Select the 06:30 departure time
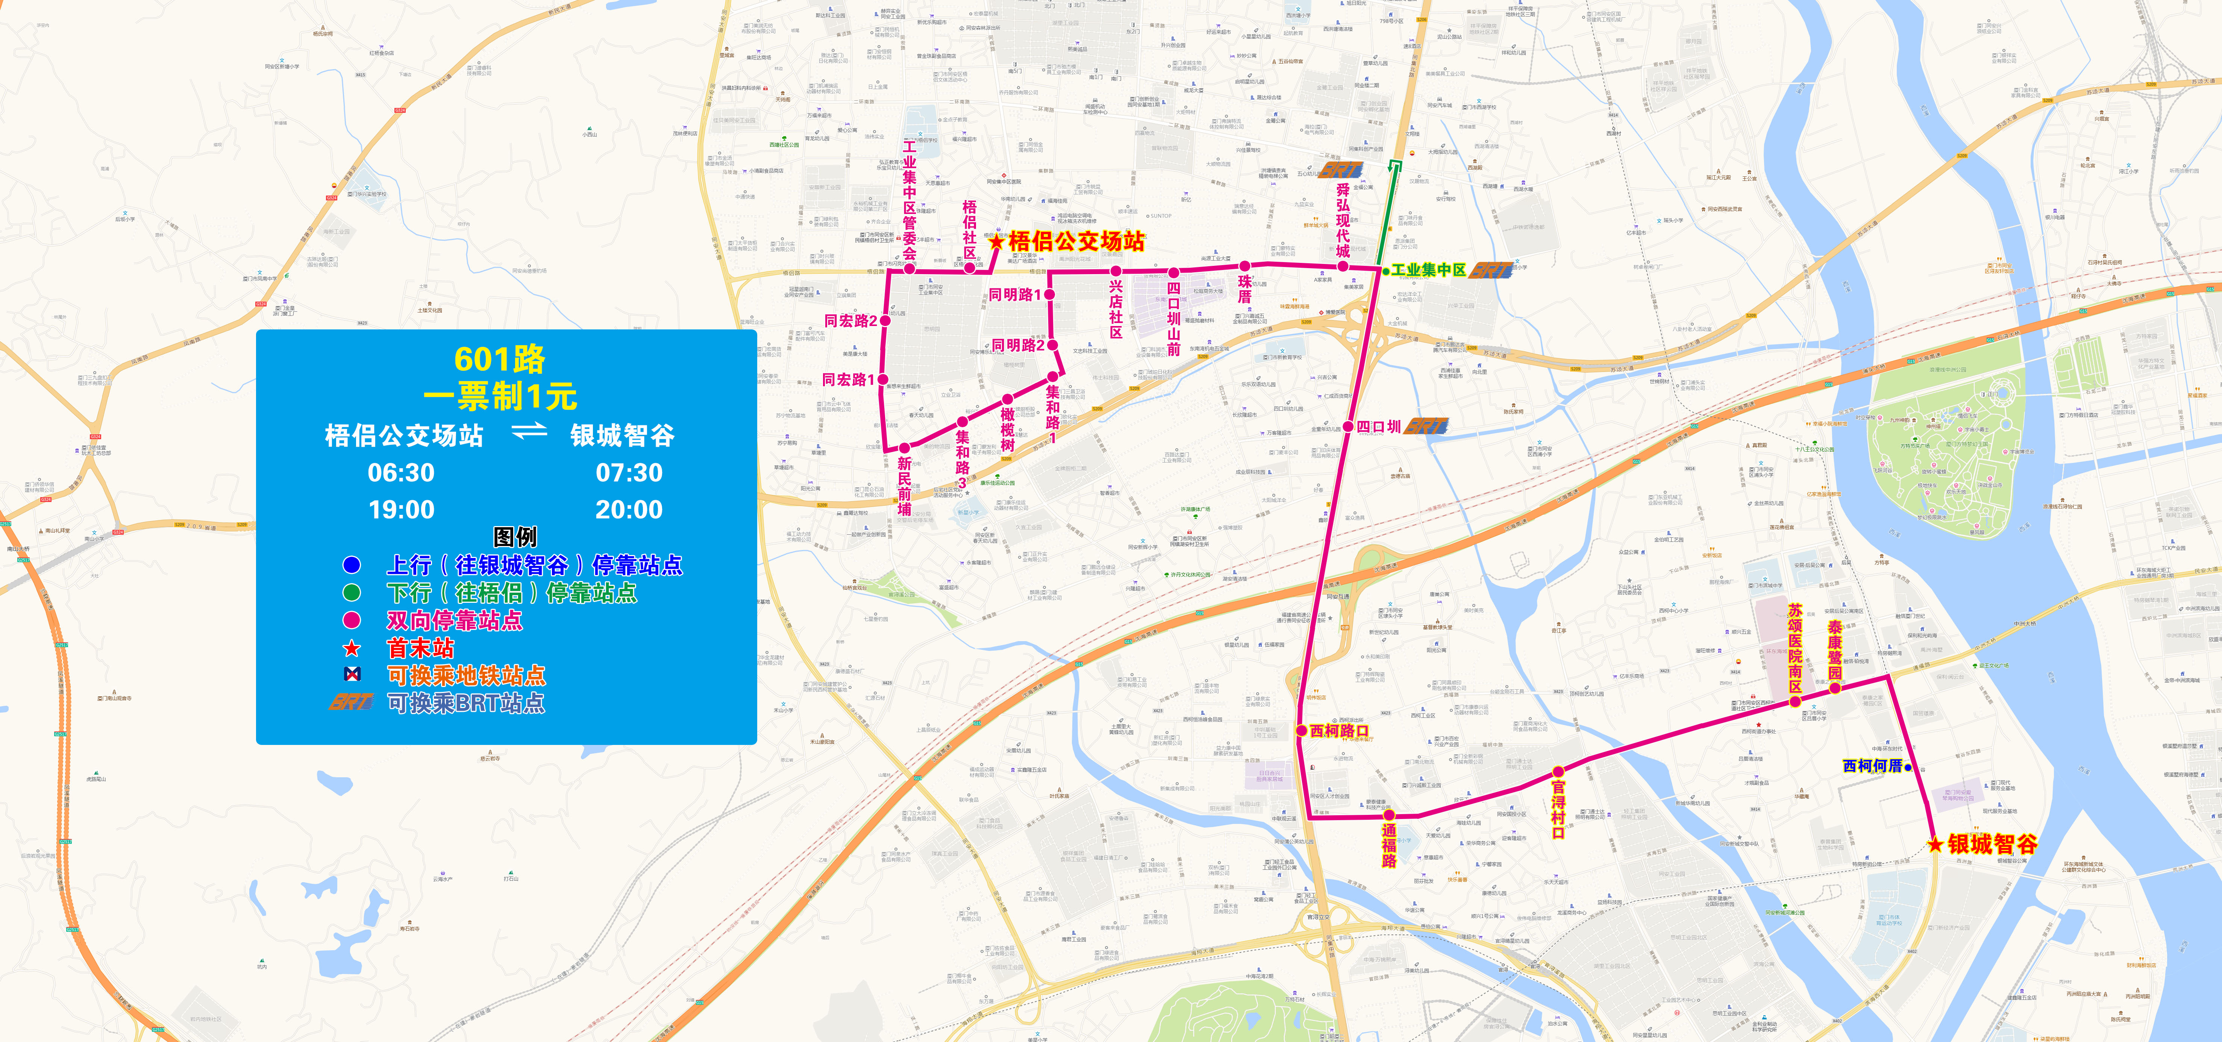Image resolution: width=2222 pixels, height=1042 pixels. [401, 473]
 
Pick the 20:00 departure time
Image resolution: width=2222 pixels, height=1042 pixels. [629, 510]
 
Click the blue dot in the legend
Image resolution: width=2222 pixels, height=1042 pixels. [351, 565]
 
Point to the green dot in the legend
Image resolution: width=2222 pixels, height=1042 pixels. [351, 593]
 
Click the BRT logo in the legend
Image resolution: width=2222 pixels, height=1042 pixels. [351, 702]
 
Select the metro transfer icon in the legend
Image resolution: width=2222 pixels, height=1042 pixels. [351, 675]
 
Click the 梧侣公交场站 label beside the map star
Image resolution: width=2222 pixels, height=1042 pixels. [1076, 241]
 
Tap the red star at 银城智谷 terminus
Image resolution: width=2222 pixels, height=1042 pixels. [1936, 845]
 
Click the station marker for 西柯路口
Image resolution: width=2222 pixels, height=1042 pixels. [1302, 731]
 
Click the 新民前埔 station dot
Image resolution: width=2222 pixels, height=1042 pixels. [904, 448]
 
